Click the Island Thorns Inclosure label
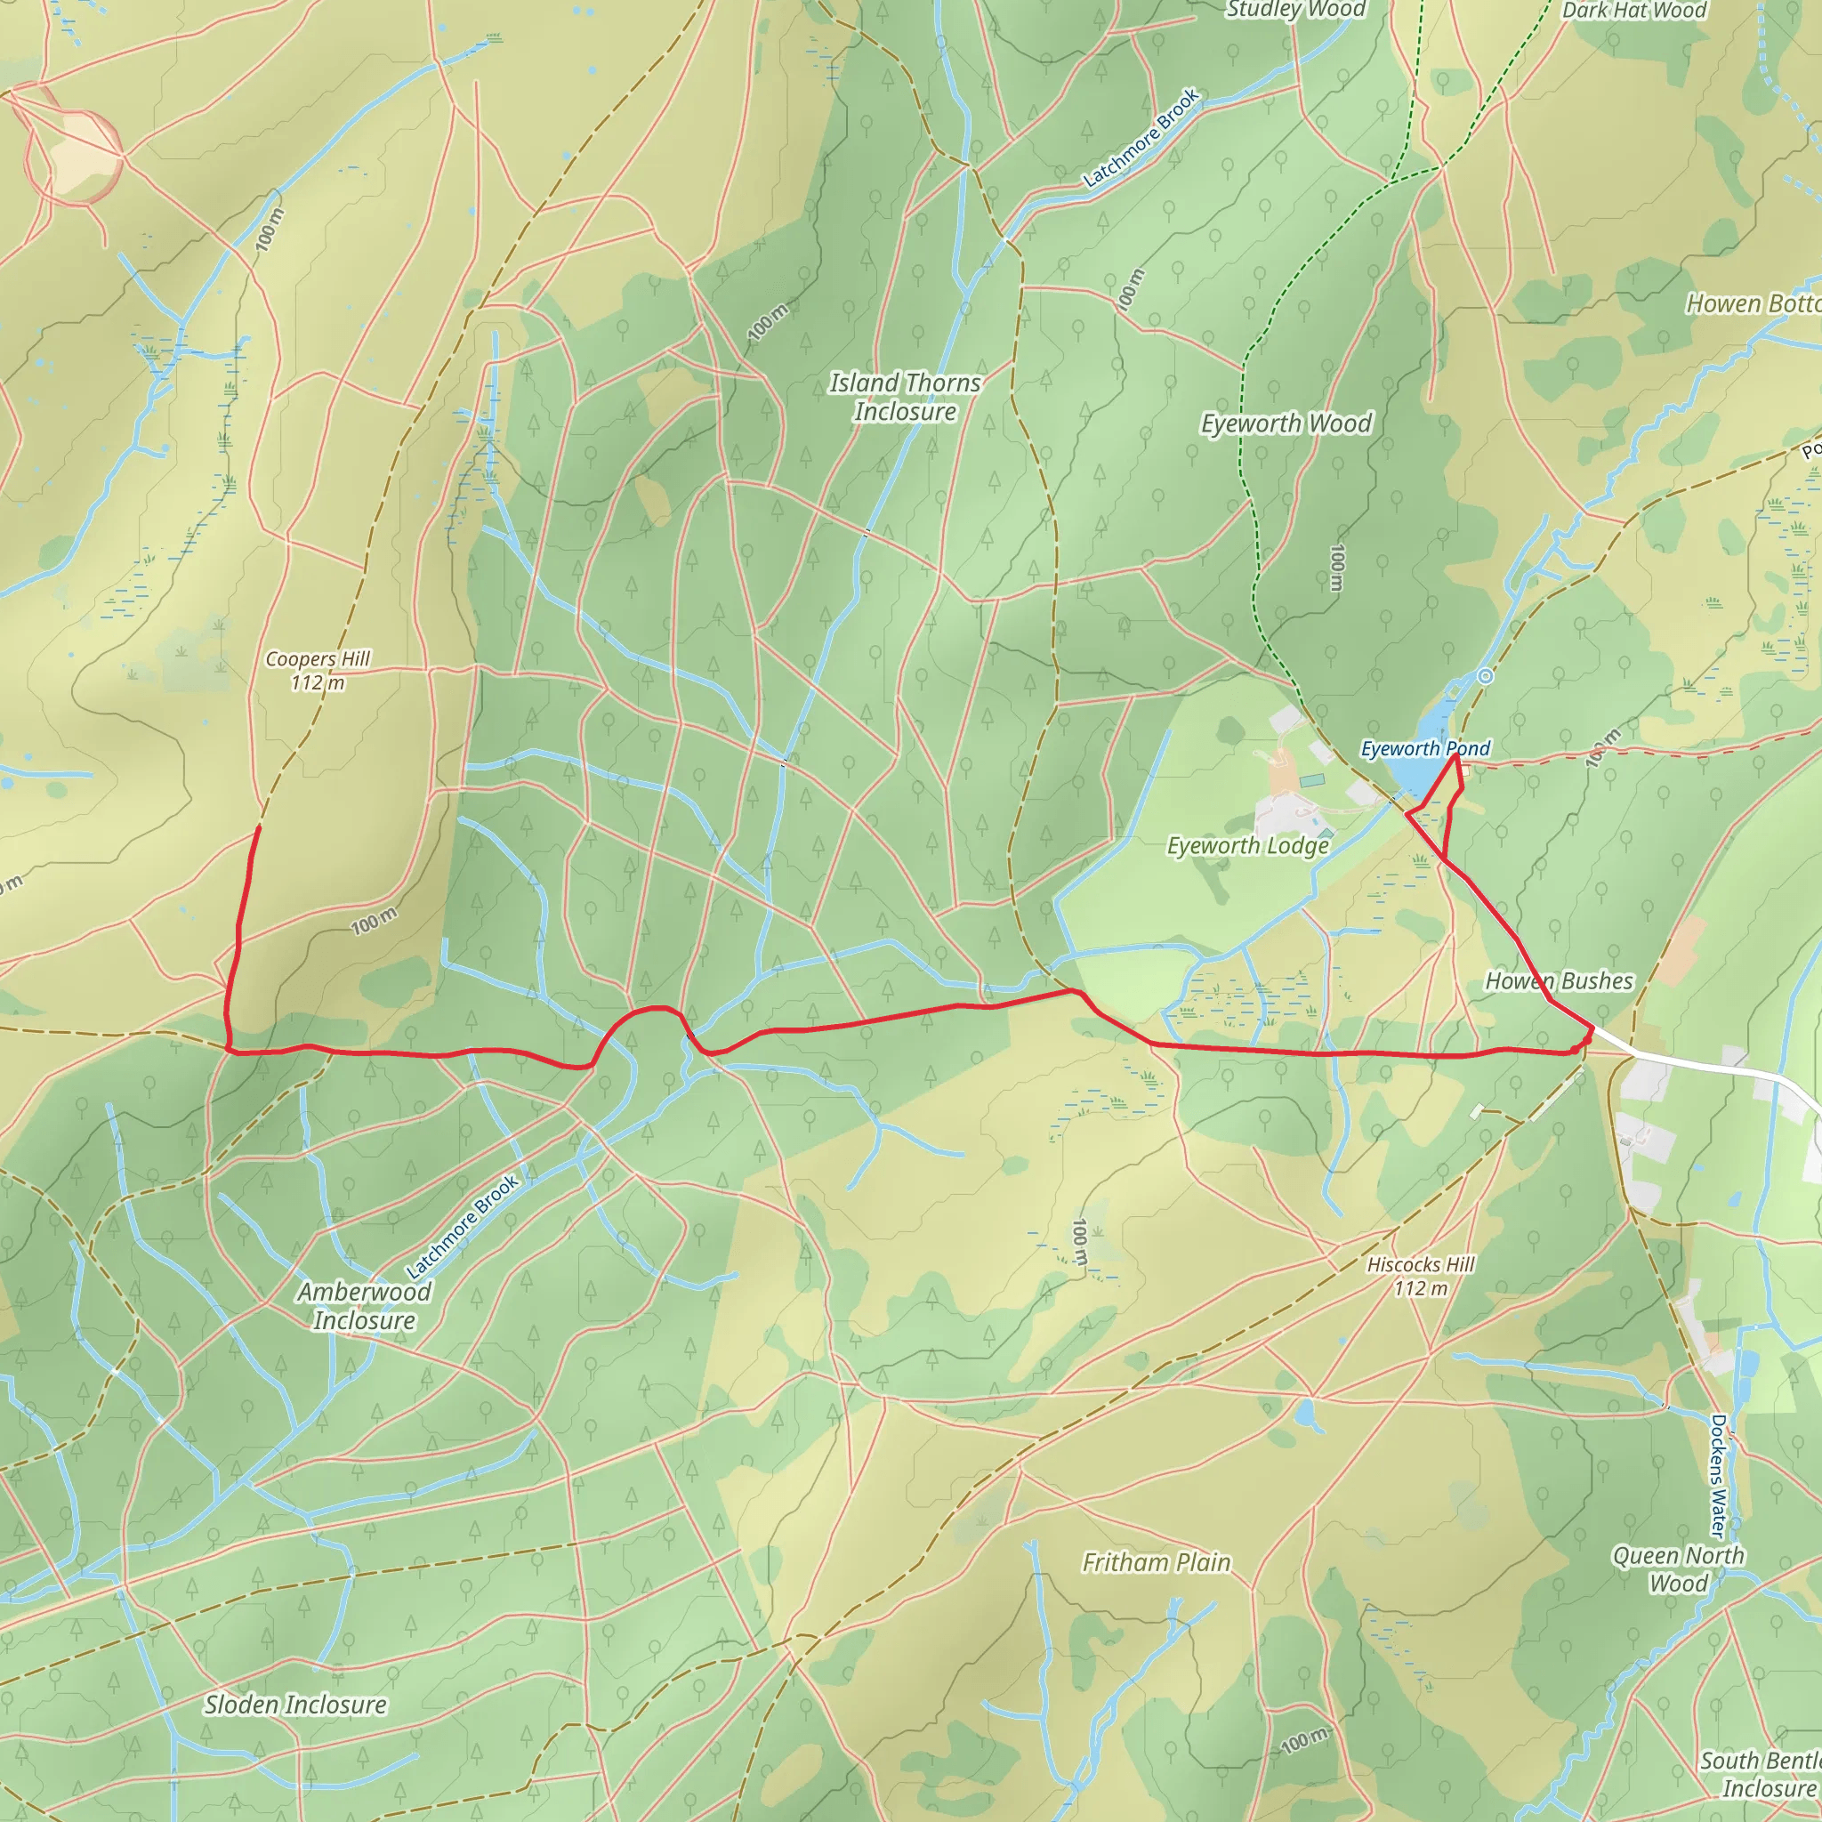(x=905, y=397)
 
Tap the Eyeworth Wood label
(x=1286, y=423)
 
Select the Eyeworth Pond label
(x=1424, y=748)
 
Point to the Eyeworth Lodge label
(x=1247, y=845)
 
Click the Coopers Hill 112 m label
(x=318, y=671)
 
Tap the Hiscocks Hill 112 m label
(x=1420, y=1276)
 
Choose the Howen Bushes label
(x=1559, y=980)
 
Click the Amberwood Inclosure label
(x=364, y=1305)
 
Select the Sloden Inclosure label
(x=295, y=1704)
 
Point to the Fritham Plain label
(x=1157, y=1562)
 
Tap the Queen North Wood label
(x=1678, y=1569)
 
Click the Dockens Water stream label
(x=1717, y=1475)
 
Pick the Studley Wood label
(x=1294, y=10)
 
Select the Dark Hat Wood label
(x=1633, y=11)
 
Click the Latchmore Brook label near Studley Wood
(x=1141, y=138)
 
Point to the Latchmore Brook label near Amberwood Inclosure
(x=462, y=1225)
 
